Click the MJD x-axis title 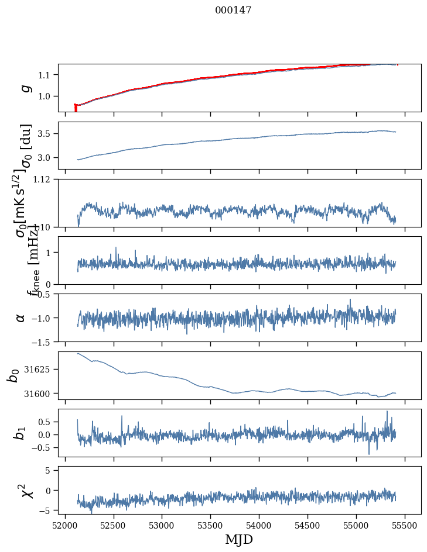[x=239, y=539]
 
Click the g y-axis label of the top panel [x=25, y=88]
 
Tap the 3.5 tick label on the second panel [x=46, y=134]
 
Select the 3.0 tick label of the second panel [x=46, y=158]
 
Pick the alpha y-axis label [x=21, y=318]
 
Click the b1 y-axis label [x=21, y=433]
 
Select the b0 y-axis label [x=13, y=375]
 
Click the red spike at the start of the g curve [x=76, y=108]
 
